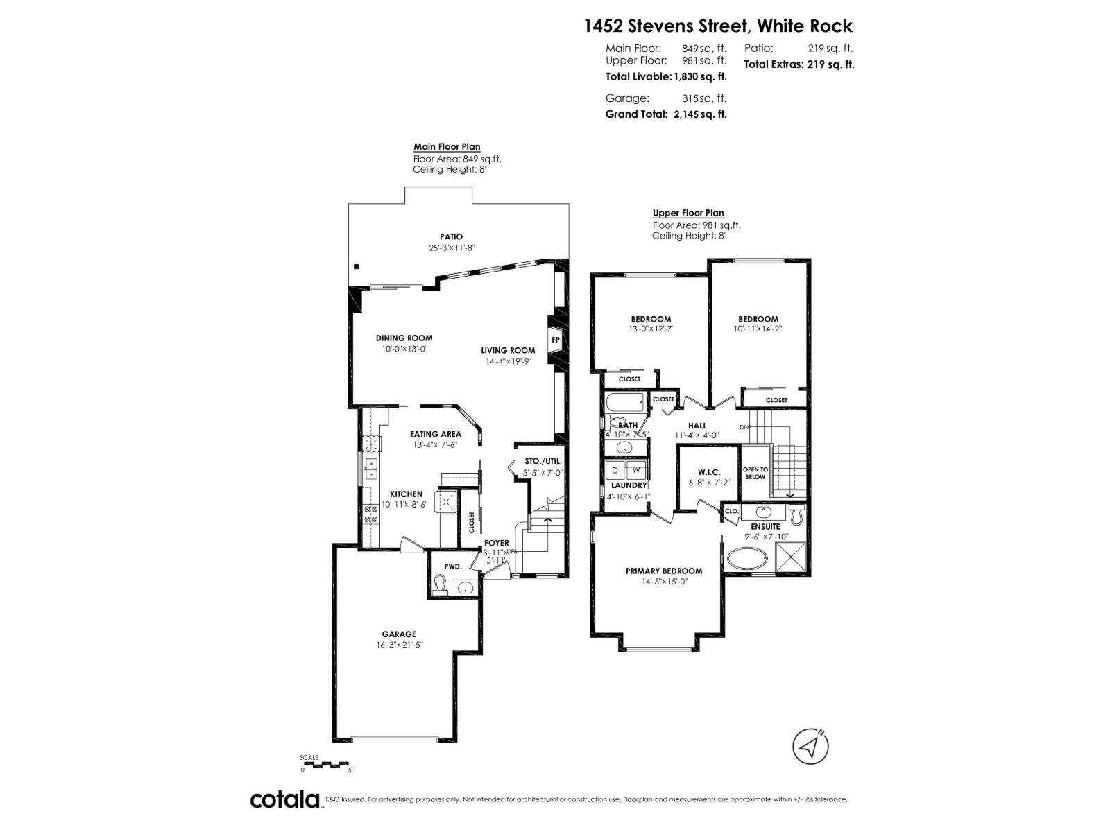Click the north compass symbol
click(810, 747)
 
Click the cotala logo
click(284, 799)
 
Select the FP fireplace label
click(555, 340)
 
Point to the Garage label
click(399, 634)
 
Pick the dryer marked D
click(615, 470)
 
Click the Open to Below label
click(755, 473)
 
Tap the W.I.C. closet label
click(704, 472)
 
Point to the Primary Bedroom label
click(664, 571)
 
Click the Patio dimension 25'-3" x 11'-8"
click(451, 248)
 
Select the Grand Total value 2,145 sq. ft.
click(700, 114)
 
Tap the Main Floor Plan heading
click(447, 147)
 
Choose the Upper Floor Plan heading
click(688, 214)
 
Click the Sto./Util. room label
click(543, 461)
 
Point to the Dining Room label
click(404, 338)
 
